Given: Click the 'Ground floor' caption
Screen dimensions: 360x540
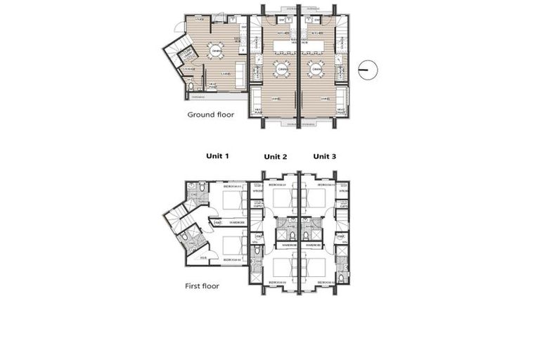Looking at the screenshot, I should click(x=210, y=114).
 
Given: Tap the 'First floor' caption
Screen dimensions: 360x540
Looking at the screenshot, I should click(x=202, y=286).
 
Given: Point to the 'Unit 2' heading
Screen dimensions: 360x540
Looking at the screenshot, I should click(x=276, y=156).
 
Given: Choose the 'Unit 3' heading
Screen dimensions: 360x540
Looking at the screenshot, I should click(x=325, y=156).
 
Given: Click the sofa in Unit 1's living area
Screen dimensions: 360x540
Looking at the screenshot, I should click(x=240, y=72).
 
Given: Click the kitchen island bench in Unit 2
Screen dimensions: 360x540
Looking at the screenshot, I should click(x=282, y=46).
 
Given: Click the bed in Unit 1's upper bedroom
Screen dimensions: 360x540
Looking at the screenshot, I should click(x=233, y=200).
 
